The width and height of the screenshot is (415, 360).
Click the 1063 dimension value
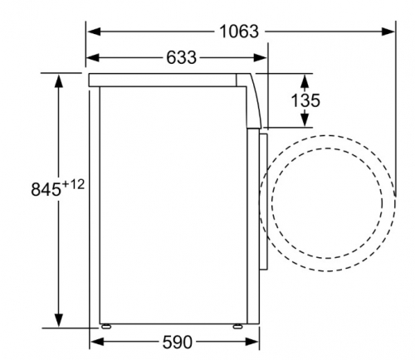click(x=239, y=32)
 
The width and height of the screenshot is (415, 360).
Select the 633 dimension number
click(x=181, y=57)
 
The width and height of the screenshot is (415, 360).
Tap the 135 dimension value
click(x=305, y=100)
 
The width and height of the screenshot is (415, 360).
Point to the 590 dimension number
click(x=177, y=342)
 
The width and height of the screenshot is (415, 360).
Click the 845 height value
click(x=46, y=189)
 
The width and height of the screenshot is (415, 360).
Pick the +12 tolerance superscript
click(x=73, y=184)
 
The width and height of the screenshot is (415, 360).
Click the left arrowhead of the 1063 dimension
click(x=94, y=32)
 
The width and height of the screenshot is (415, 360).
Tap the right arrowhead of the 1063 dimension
click(x=388, y=32)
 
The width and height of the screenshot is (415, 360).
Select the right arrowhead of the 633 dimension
click(x=260, y=57)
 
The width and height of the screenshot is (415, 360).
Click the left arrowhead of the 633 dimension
click(x=93, y=57)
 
